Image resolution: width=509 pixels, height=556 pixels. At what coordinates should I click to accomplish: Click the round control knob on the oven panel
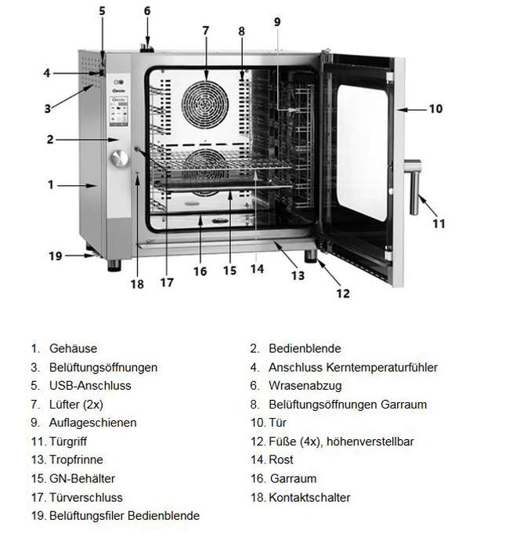coord(119,158)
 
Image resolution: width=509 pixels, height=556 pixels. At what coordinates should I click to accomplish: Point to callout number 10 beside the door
coord(436,109)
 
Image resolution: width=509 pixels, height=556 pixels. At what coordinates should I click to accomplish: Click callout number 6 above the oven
coord(147,11)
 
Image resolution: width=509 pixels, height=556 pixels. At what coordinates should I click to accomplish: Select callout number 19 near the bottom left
coord(55,256)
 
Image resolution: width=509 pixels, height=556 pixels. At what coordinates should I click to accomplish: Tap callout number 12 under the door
coord(342,294)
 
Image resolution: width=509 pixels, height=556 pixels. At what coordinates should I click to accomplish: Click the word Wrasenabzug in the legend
coord(305,386)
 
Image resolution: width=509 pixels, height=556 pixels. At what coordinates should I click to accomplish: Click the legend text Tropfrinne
coord(76,460)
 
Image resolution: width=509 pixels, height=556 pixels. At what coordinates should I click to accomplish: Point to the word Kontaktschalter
coord(309,497)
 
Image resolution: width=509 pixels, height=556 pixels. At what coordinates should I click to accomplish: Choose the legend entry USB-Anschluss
coord(90,386)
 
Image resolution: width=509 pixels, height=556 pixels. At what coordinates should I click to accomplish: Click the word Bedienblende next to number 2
coord(305,348)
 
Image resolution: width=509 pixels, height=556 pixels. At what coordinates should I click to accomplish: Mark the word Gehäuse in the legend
coord(73,348)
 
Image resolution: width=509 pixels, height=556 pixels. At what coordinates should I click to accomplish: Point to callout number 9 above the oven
coord(276,22)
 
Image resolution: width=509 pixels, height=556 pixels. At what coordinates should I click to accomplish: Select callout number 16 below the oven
coord(200,271)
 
